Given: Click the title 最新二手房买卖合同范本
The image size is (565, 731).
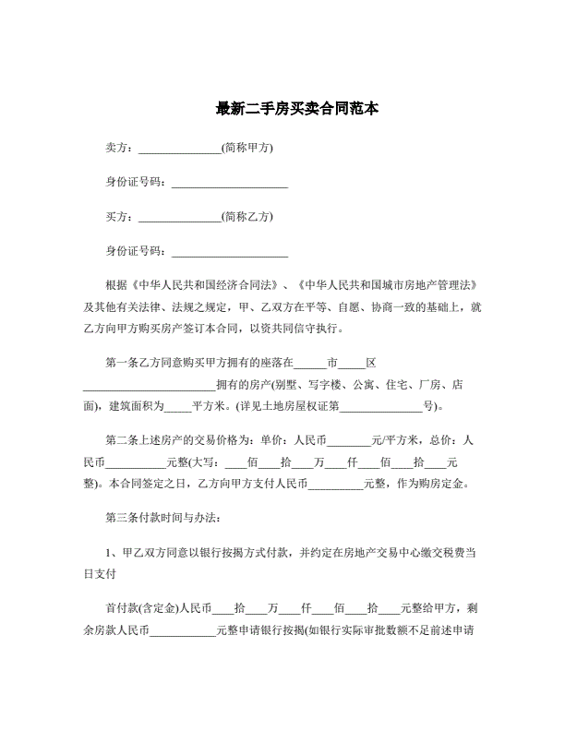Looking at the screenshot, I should click(282, 109).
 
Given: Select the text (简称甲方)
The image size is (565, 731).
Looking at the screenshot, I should click(247, 149).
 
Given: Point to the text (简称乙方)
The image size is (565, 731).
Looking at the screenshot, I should click(247, 217).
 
